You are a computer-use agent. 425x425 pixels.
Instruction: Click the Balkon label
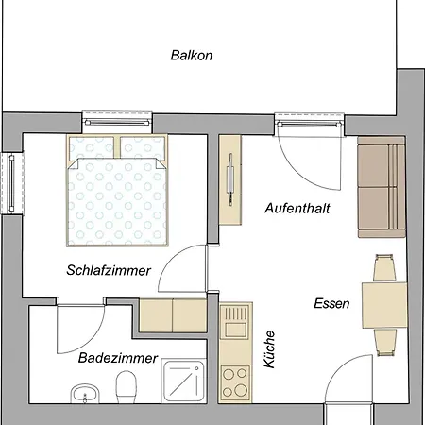[x=192, y=56]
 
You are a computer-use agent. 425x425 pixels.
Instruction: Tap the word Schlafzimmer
[x=109, y=270]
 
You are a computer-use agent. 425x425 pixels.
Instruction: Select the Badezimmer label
[x=118, y=358]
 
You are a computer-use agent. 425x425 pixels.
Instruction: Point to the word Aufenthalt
[x=297, y=209]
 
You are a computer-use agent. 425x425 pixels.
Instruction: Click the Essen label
[x=331, y=303]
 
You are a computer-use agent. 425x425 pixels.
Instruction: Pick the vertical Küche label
[x=269, y=349]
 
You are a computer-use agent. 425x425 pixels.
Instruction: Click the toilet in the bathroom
[x=126, y=387]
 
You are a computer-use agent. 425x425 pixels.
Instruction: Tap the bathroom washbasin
[x=85, y=394]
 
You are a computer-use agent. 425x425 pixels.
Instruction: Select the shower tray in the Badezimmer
[x=184, y=382]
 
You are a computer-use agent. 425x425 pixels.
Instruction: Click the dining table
[x=384, y=305]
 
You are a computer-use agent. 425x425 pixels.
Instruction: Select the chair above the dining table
[x=384, y=268]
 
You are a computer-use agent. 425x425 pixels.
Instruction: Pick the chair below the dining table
[x=385, y=343]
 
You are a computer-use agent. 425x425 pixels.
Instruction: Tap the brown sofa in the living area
[x=382, y=187]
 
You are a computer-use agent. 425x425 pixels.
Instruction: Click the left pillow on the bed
[x=92, y=147]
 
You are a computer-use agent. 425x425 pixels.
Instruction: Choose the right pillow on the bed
[x=143, y=147]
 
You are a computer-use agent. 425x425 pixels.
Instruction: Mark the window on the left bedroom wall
[x=12, y=183]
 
